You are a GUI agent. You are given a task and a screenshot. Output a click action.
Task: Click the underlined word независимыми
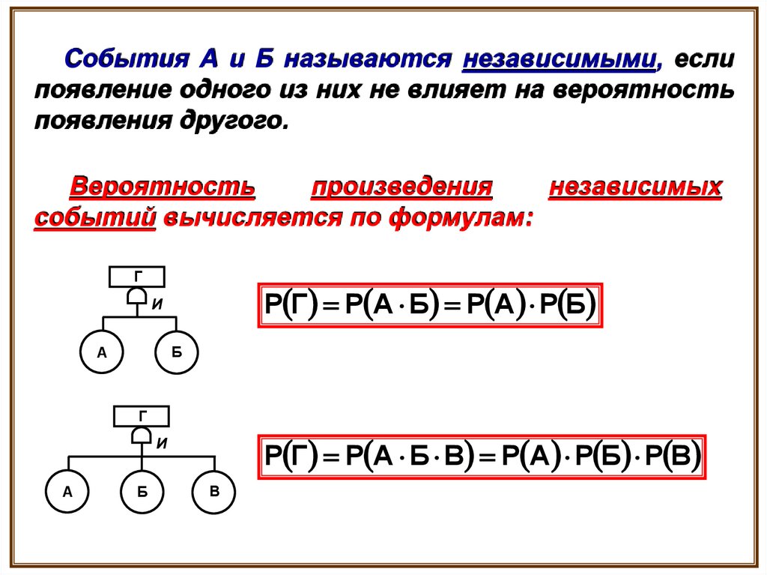click(560, 58)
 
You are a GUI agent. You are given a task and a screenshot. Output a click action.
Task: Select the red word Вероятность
click(163, 187)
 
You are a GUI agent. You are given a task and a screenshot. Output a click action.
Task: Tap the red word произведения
click(401, 187)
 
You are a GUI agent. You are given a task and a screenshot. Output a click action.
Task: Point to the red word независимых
click(635, 187)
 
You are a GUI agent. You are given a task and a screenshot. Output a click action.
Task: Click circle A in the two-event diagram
click(102, 352)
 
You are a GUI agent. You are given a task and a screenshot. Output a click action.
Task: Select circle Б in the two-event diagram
click(177, 352)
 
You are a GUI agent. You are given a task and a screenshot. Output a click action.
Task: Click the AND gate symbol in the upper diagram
click(136, 298)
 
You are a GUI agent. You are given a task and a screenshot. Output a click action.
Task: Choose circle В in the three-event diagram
click(214, 492)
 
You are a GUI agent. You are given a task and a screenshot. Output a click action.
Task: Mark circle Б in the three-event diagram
click(141, 493)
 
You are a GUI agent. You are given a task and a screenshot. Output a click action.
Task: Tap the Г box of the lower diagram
click(141, 415)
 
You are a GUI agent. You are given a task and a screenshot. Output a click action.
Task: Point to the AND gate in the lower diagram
click(141, 436)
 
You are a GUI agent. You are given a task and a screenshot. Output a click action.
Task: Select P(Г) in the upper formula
click(292, 305)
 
